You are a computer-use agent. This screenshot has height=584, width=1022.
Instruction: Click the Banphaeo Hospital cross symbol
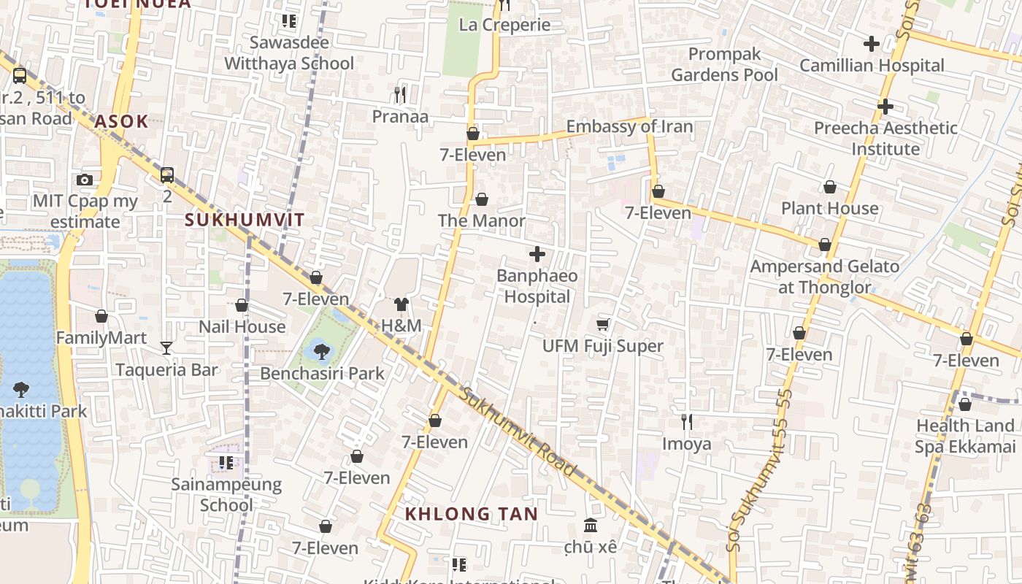(537, 254)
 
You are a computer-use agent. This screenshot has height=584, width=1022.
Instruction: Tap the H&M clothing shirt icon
(401, 304)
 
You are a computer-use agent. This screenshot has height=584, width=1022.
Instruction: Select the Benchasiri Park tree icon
(321, 353)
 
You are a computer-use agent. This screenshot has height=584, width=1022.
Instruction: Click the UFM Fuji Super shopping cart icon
(603, 324)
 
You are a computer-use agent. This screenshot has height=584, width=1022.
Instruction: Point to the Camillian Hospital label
(872, 66)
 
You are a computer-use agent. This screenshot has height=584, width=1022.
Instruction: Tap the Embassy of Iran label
(629, 126)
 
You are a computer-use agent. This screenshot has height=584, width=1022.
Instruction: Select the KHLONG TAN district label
(472, 514)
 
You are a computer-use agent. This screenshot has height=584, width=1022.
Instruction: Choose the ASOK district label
(121, 121)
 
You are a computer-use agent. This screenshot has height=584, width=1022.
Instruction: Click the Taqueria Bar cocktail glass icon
(166, 348)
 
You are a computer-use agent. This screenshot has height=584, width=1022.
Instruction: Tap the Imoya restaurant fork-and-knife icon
(686, 421)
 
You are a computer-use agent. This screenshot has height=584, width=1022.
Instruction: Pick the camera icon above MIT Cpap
(85, 180)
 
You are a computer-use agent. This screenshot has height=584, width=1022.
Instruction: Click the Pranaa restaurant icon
(399, 94)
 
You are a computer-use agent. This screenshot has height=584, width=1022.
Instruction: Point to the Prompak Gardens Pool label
(724, 64)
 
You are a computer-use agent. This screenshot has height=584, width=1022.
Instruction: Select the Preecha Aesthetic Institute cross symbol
(885, 107)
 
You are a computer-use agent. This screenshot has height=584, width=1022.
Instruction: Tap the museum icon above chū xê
(591, 525)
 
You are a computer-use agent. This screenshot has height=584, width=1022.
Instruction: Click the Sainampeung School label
(226, 494)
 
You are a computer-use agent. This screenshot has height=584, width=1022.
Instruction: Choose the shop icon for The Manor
(482, 199)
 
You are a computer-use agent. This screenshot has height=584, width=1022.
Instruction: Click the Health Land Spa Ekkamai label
(965, 436)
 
